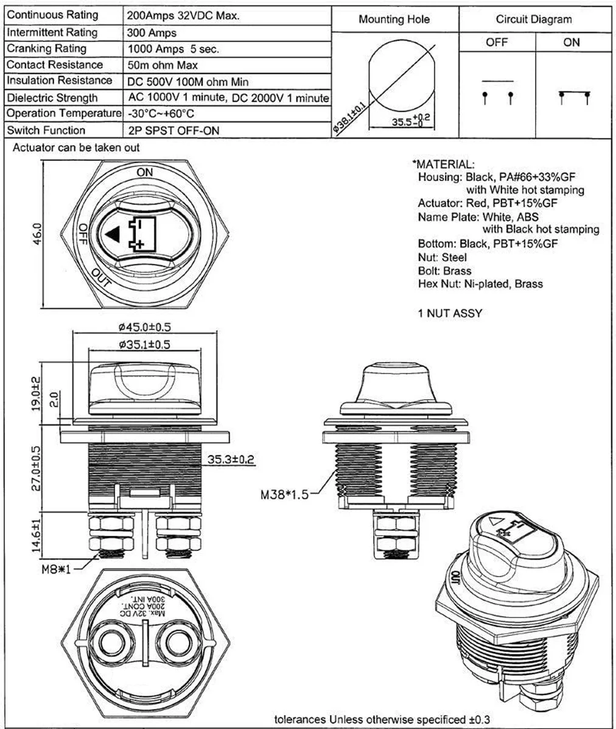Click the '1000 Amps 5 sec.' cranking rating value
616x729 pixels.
(x=173, y=49)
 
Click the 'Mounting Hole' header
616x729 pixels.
(x=394, y=20)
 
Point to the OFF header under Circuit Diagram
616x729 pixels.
(x=497, y=42)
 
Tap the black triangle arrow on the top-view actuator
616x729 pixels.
(x=112, y=233)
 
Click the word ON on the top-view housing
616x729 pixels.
(x=145, y=172)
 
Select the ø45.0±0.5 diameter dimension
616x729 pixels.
(x=145, y=327)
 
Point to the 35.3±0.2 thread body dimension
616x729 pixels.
(x=231, y=459)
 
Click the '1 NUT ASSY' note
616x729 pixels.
(x=449, y=313)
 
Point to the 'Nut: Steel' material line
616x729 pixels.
(x=443, y=257)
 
